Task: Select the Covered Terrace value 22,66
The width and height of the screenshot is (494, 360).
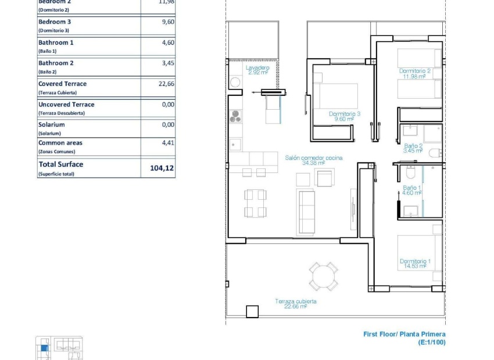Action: [166, 84]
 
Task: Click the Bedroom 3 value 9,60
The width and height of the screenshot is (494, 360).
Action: [168, 22]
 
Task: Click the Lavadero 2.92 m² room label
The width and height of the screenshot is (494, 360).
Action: [257, 70]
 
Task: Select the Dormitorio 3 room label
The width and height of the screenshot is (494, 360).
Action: [344, 116]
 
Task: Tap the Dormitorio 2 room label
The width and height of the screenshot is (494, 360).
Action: [414, 73]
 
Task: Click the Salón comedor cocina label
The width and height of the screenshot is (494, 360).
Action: [313, 160]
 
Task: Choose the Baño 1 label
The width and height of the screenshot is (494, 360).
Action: [411, 190]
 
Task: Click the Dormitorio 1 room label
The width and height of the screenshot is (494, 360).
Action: [415, 264]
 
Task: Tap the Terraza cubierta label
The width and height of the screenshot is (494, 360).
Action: [296, 304]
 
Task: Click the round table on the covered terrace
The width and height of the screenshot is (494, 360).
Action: [323, 276]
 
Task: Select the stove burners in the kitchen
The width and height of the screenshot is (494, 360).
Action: [235, 117]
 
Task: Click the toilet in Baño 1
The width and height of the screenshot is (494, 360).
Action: [410, 172]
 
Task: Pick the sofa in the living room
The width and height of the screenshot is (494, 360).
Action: [306, 211]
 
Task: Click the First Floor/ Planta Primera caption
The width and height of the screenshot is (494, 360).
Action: [404, 334]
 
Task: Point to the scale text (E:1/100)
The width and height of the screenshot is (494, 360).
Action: [432, 343]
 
